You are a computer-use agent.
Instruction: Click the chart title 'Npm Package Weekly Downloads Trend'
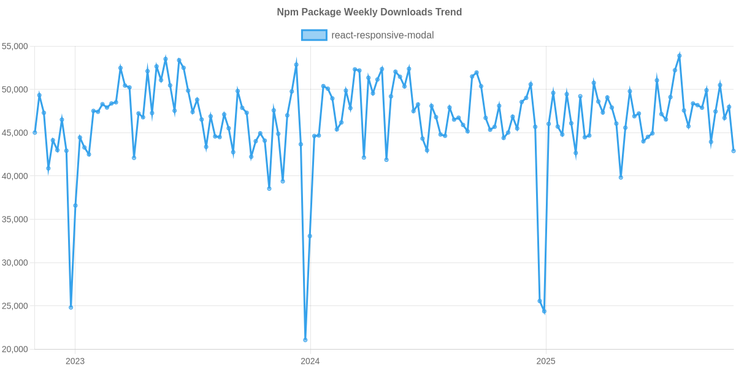(x=369, y=12)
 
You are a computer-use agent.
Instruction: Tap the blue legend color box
(x=313, y=35)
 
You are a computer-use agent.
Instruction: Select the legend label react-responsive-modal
(x=382, y=35)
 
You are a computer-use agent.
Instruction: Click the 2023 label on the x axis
(x=75, y=361)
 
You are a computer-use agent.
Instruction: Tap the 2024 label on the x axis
(x=310, y=361)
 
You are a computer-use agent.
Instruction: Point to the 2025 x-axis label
(x=546, y=361)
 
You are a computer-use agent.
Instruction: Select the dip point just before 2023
(x=71, y=307)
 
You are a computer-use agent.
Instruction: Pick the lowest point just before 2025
(x=544, y=312)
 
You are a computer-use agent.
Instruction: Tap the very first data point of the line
(x=35, y=132)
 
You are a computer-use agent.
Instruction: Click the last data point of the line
(x=734, y=151)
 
